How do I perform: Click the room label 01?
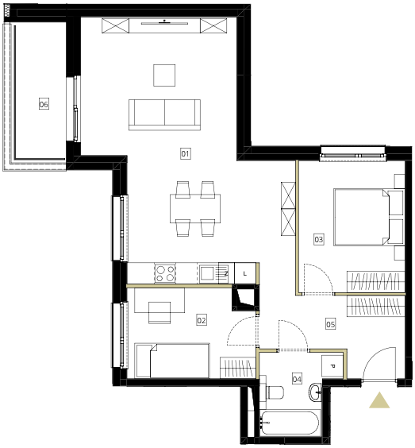[185, 154]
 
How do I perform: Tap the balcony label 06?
[44, 104]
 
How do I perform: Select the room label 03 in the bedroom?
[318, 239]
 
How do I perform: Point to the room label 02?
[202, 320]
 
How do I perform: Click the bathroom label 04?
[297, 379]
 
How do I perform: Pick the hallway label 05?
[330, 324]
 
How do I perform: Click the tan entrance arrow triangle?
[379, 400]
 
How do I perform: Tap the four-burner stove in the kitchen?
[165, 273]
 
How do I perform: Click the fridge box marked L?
[245, 273]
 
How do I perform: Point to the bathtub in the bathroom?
[289, 423]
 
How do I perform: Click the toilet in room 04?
[274, 392]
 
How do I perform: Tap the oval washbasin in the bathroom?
[315, 392]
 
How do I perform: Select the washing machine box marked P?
[332, 365]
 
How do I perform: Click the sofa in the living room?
[164, 115]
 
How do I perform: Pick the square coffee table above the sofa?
[164, 75]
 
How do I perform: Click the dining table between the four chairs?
[195, 209]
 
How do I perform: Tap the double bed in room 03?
[369, 217]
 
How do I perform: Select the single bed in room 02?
[172, 361]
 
